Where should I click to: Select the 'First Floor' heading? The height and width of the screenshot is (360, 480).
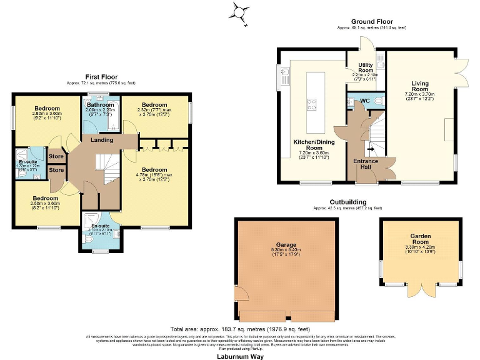pyautogui.click(x=101, y=77)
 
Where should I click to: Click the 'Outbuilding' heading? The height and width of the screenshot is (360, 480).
pyautogui.click(x=349, y=202)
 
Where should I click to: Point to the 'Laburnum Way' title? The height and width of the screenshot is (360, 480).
pyautogui.click(x=239, y=356)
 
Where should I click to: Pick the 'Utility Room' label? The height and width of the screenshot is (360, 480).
pyautogui.click(x=365, y=67)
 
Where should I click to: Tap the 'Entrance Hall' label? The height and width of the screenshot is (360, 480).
pyautogui.click(x=366, y=164)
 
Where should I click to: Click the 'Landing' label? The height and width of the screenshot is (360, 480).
pyautogui.click(x=102, y=140)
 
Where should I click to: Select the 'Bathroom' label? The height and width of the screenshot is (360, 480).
pyautogui.click(x=100, y=104)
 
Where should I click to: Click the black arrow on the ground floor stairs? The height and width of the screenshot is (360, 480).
pyautogui.click(x=369, y=149)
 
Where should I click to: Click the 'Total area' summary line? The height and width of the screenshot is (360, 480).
pyautogui.click(x=239, y=329)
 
